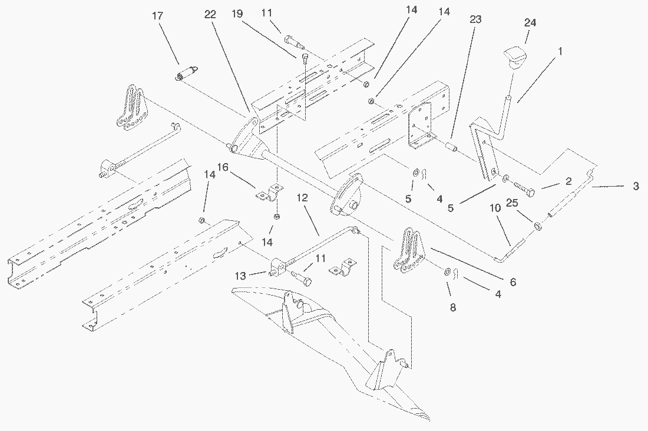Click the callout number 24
(x=531, y=22)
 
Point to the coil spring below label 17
(x=187, y=74)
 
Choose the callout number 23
(x=475, y=19)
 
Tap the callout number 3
(x=636, y=186)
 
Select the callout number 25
(x=512, y=203)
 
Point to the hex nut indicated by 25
(x=538, y=227)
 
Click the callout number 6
(x=513, y=283)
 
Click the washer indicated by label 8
(x=448, y=272)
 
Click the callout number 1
(x=560, y=51)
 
